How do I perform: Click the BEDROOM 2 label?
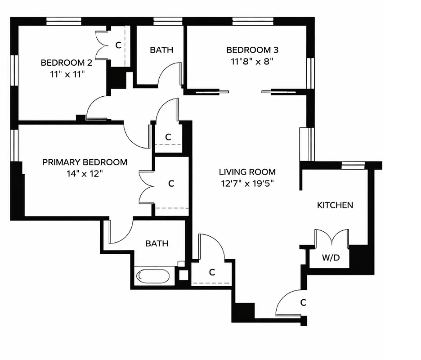[63, 63]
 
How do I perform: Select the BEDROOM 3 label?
[249, 50]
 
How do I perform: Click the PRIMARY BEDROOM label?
[85, 162]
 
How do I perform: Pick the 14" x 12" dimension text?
[85, 173]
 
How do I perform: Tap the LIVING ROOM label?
[247, 172]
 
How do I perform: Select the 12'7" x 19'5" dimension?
[247, 183]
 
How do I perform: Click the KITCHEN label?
[335, 205]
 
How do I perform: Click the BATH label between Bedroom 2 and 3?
[161, 50]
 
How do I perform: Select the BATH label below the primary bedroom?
[157, 243]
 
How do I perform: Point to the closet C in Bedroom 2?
[118, 45]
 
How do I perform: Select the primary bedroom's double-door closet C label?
[171, 184]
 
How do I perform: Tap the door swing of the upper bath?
[170, 74]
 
